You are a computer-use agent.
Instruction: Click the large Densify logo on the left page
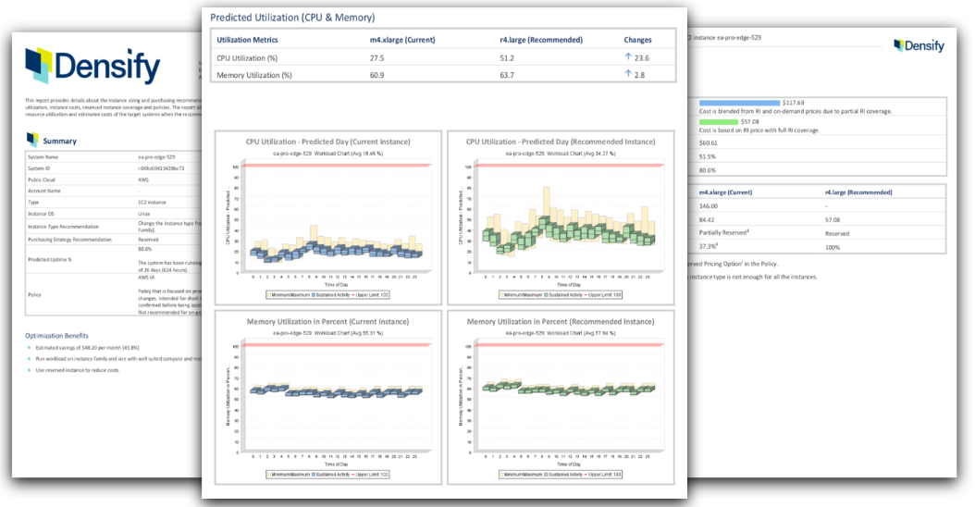point(92,66)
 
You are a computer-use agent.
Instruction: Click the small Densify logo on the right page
point(919,45)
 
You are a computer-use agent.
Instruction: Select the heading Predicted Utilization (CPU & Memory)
point(292,17)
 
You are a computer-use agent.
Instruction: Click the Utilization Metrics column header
point(247,40)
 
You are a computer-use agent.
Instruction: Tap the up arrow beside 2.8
point(628,74)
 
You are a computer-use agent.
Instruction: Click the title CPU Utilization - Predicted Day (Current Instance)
point(329,142)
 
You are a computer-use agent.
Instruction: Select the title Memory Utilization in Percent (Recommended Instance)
point(561,321)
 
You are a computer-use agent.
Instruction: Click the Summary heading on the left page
point(60,141)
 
